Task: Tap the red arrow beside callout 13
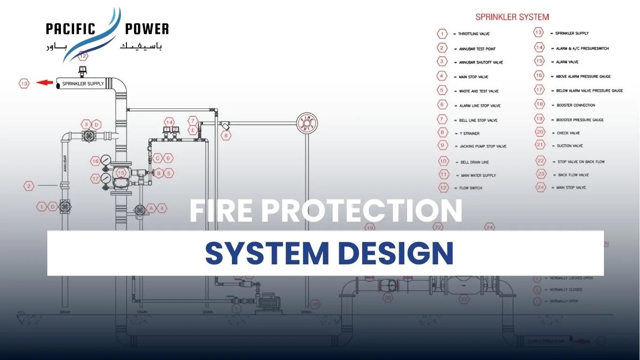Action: coord(45,83)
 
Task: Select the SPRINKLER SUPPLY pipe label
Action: coord(83,84)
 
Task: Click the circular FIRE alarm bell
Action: coord(307,123)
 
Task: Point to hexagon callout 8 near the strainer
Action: coord(226,135)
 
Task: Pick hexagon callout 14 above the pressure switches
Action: coord(169,121)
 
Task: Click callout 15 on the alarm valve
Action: coord(121,173)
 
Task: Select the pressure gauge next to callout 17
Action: coord(106,179)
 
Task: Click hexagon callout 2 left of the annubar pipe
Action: coord(29,186)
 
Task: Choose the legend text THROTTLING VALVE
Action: coord(474,34)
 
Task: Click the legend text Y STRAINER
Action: coord(469,134)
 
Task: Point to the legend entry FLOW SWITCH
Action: coord(470,188)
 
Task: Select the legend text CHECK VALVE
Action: coord(568,133)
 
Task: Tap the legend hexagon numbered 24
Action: coord(541,187)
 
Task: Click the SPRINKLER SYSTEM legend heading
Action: coord(512,17)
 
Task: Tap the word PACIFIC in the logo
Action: coord(70,29)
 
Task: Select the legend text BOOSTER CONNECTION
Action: coord(576,105)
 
